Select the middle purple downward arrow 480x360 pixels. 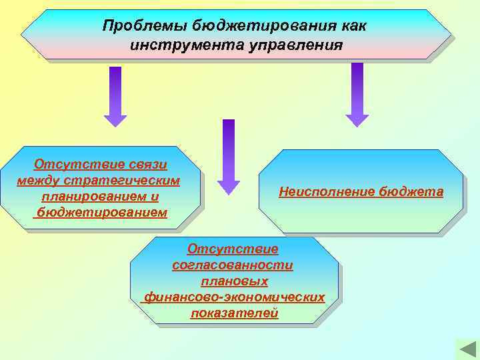click(229, 157)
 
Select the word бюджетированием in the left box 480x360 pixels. click(101, 213)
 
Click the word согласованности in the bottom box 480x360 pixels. click(232, 265)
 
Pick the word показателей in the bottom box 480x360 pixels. click(234, 313)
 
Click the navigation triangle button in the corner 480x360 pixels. click(465, 349)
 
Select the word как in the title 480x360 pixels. click(351, 26)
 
